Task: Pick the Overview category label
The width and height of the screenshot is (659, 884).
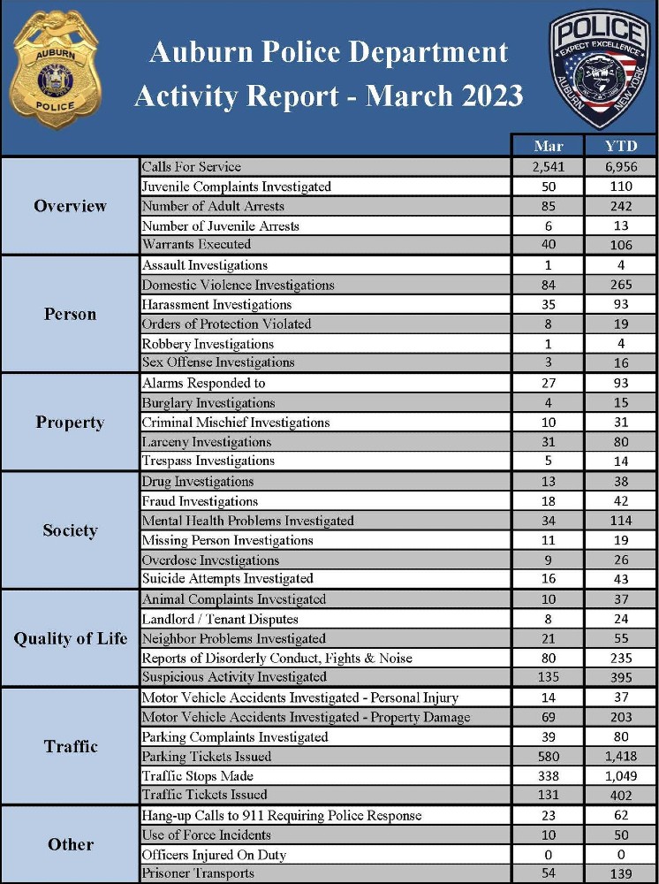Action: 70,206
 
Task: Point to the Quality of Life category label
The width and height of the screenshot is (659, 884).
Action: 70,638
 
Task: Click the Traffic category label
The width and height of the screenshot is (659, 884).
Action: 70,747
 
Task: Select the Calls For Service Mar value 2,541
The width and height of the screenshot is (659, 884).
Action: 547,166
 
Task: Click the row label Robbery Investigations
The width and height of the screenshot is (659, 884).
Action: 208,344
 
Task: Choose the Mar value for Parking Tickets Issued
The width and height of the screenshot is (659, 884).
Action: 547,757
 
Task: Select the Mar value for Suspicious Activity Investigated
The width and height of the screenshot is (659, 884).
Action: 547,677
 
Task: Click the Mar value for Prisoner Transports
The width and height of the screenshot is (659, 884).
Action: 547,874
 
